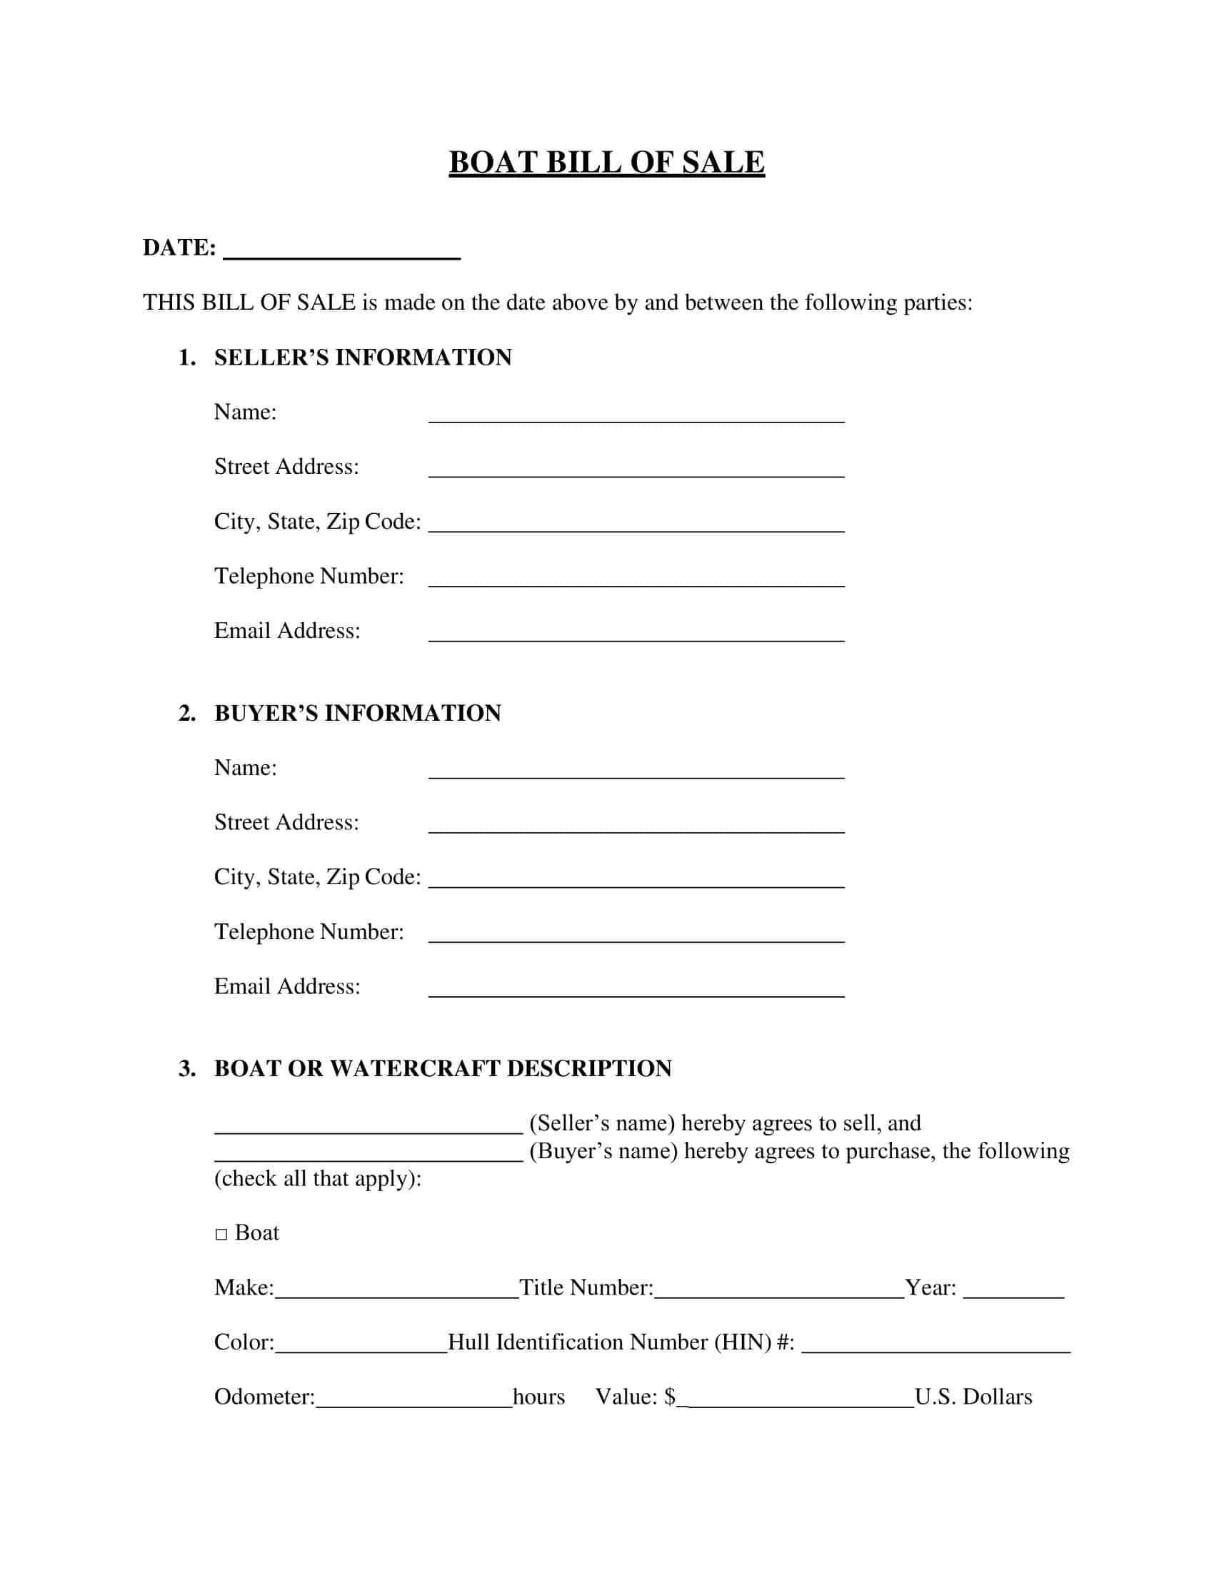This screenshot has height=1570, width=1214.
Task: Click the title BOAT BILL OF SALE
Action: (606, 163)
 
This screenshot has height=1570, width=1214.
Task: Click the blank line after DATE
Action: (341, 252)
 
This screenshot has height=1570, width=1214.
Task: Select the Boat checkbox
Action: (221, 1235)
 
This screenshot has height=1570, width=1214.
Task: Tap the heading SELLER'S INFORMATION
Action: (363, 358)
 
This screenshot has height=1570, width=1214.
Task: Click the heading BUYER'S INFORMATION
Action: (358, 713)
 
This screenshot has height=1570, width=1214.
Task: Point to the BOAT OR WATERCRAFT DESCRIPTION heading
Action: (442, 1068)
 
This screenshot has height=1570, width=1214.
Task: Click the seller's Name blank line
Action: (636, 416)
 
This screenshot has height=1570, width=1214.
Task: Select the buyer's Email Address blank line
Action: (636, 990)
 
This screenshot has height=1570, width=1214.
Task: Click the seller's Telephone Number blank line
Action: (636, 580)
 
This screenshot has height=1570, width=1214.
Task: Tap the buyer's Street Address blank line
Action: (636, 826)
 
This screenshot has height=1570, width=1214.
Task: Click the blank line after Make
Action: (396, 1292)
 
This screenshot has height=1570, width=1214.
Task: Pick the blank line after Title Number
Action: (779, 1292)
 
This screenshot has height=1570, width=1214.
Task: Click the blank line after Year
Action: (1013, 1292)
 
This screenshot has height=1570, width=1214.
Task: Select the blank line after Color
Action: (361, 1347)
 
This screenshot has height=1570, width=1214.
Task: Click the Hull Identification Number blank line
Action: (935, 1347)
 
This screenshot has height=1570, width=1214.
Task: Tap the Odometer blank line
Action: (413, 1401)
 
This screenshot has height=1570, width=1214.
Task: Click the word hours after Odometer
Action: (538, 1397)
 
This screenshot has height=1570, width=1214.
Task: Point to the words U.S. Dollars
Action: (973, 1397)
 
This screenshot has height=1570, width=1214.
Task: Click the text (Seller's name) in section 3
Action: (602, 1123)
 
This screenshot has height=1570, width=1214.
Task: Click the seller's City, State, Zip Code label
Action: (317, 521)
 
